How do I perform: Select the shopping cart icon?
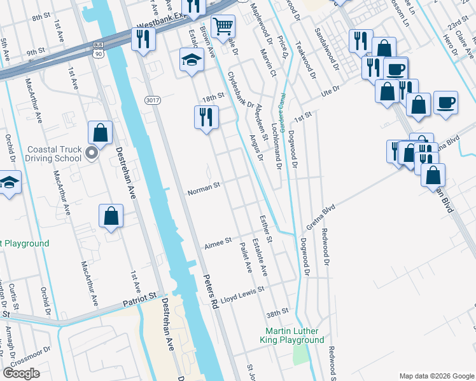point(223,27)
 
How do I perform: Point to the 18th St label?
point(214,96)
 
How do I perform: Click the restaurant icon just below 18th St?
point(206,117)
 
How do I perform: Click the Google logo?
point(21,373)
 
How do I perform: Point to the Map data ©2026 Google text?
point(436,376)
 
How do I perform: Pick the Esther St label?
point(266,229)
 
